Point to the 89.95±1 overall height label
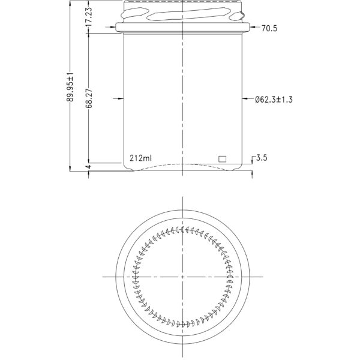70,88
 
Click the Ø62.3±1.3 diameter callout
274,99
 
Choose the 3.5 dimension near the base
262,158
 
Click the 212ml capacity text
140,159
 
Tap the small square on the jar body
222,159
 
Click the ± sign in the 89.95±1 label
70,79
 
